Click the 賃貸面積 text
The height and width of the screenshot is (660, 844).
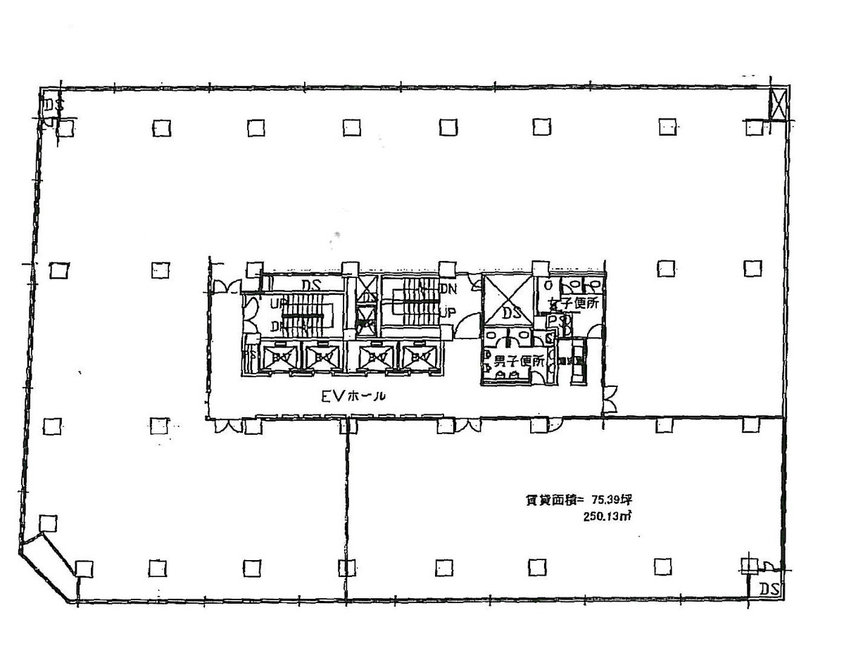click(x=550, y=500)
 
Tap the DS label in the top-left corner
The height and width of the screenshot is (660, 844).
click(x=53, y=106)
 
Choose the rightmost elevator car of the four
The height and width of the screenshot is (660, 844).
click(x=420, y=357)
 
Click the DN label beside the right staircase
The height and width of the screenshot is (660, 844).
click(x=448, y=288)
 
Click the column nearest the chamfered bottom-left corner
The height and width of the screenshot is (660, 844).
click(x=47, y=523)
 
